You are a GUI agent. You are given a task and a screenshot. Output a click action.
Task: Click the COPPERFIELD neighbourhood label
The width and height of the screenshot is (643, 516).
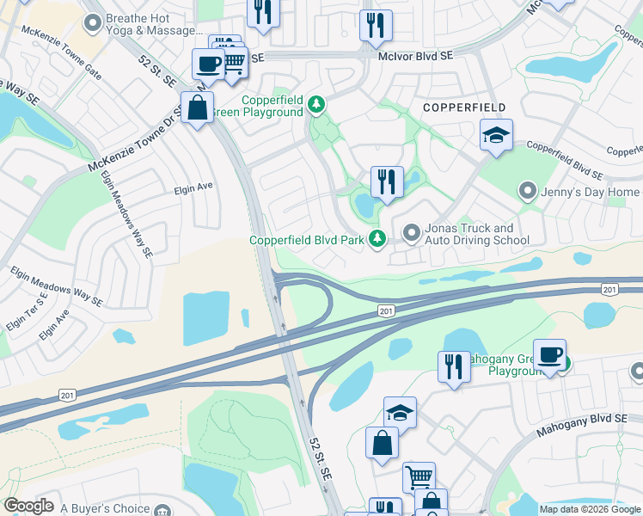click(463, 107)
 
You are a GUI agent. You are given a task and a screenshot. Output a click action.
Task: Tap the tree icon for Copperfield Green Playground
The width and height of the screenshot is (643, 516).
click(317, 105)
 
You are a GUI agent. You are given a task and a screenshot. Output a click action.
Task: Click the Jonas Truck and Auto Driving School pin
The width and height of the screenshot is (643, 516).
click(412, 233)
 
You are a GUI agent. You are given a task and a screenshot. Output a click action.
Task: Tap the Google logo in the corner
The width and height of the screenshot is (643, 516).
click(29, 505)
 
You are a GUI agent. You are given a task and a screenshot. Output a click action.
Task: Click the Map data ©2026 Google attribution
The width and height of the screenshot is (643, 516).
click(590, 509)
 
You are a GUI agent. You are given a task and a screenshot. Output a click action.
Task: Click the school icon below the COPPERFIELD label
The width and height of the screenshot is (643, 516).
click(495, 135)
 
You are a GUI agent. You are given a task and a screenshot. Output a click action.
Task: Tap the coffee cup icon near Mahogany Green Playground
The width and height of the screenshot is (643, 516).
click(549, 354)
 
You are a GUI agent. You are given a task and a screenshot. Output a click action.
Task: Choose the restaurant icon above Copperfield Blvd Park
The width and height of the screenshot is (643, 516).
click(386, 181)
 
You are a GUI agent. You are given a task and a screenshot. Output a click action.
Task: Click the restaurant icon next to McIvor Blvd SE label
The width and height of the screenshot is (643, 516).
click(375, 25)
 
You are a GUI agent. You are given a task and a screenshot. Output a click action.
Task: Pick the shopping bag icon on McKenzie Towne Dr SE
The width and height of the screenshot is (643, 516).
click(197, 108)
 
